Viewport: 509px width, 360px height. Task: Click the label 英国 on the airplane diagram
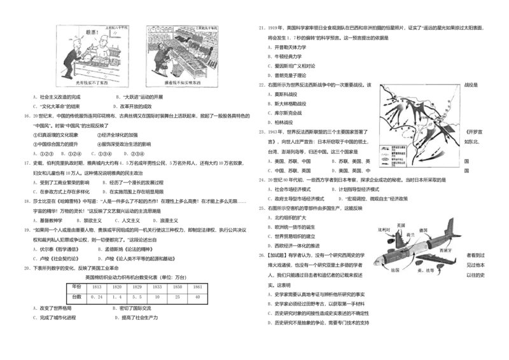point(400,225)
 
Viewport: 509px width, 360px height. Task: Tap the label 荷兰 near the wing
point(410,235)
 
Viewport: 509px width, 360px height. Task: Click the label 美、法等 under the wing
point(425,270)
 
